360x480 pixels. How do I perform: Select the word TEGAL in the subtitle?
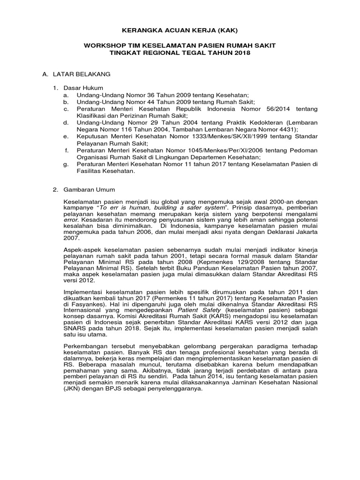tap(199, 53)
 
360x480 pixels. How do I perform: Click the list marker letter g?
tap(66, 164)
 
